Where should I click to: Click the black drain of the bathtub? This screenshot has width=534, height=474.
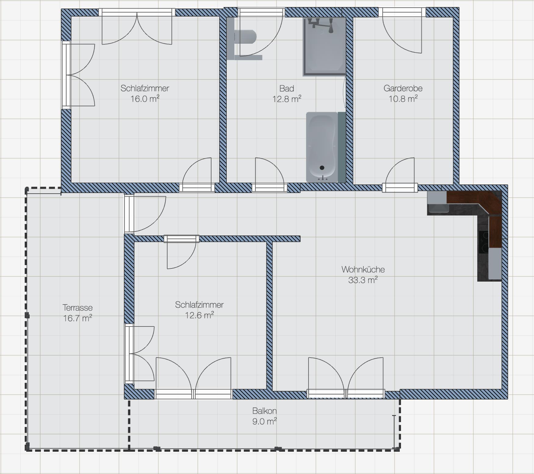tap(322, 168)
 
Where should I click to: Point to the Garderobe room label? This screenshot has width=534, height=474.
tap(403, 88)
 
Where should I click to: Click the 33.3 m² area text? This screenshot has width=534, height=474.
tap(363, 280)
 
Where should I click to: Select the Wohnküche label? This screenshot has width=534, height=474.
tap(363, 269)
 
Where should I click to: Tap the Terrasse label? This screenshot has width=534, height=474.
tap(78, 308)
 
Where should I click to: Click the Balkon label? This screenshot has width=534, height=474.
tap(264, 411)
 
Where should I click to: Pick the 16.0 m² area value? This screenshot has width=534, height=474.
tap(145, 99)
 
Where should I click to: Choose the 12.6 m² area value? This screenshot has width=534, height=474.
tap(199, 315)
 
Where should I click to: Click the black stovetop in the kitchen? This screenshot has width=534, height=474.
tap(483, 242)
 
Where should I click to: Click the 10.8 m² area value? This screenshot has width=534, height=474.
tap(403, 99)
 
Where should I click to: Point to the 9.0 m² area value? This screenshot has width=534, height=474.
tap(264, 421)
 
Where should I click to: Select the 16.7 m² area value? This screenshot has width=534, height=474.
tap(78, 318)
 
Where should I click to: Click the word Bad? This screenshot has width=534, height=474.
tap(287, 88)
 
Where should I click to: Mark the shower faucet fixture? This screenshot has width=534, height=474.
tap(320, 24)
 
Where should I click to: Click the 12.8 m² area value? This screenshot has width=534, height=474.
tap(287, 99)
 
